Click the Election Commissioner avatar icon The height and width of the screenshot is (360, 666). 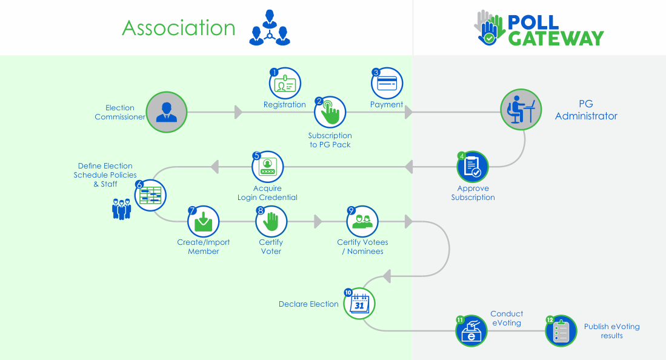(x=166, y=112)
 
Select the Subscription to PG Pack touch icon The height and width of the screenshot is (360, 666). (x=330, y=112)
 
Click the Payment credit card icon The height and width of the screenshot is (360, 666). (x=387, y=83)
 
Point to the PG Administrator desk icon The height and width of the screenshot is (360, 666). (x=521, y=112)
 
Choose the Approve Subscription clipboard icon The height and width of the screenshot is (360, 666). (x=473, y=167)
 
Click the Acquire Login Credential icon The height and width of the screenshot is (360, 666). (x=268, y=167)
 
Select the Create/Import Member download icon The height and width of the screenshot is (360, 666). (x=203, y=222)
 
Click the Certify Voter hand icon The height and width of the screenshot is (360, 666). (x=271, y=222)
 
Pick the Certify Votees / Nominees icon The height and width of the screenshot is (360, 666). (x=362, y=222)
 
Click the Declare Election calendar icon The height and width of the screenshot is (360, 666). (x=359, y=304)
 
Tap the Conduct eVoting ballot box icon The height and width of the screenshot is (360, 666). (x=471, y=331)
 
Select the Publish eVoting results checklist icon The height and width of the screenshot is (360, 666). (x=561, y=331)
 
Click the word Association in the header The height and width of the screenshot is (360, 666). (x=179, y=28)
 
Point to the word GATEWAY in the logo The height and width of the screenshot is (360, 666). (x=556, y=38)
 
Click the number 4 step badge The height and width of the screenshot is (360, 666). (x=462, y=156)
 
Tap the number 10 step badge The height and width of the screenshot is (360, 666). (x=348, y=292)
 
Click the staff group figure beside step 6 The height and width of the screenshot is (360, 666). (x=122, y=208)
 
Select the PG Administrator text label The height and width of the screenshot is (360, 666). (x=586, y=110)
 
